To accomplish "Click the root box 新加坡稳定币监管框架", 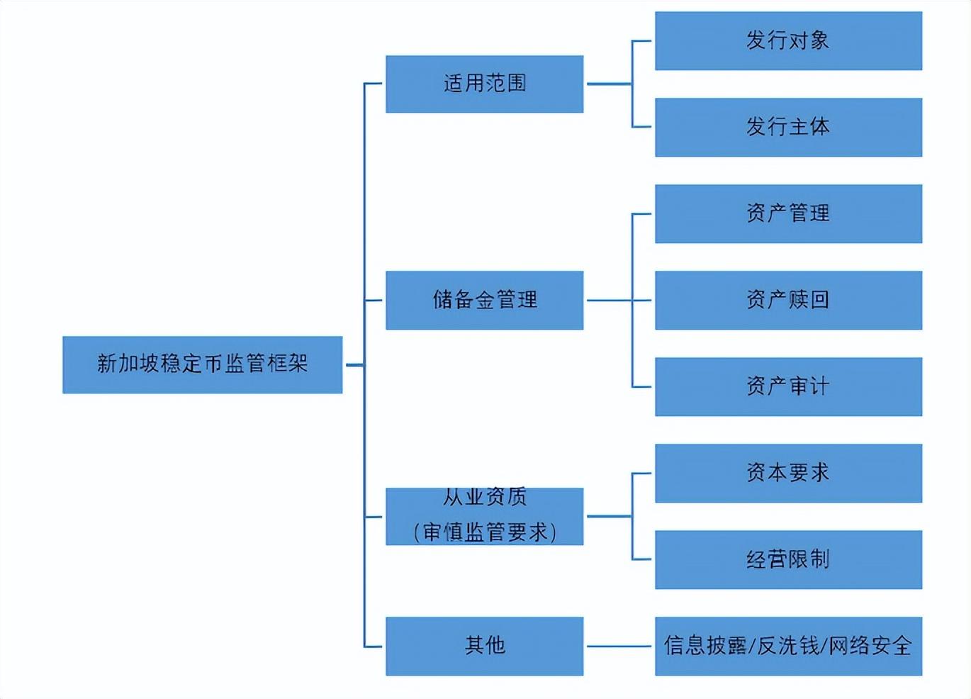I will click(x=202, y=364).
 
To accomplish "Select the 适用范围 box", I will click(x=484, y=84).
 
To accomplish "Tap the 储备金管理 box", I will click(x=484, y=300).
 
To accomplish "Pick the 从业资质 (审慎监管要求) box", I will click(x=484, y=516).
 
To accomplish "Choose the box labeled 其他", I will click(x=484, y=645).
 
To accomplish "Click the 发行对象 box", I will click(x=788, y=40).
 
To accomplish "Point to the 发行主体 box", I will click(x=788, y=127).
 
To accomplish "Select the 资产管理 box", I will click(x=788, y=213).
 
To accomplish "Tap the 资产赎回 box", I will click(x=788, y=300).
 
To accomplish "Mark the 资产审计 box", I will click(x=788, y=386).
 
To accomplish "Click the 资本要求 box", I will click(x=788, y=473).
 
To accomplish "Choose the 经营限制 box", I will click(x=788, y=559).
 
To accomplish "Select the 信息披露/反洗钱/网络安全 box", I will click(x=788, y=646).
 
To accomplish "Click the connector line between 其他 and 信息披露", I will click(x=619, y=647).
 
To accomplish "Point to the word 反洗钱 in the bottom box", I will click(x=788, y=646).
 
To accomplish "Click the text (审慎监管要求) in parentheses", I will click(x=485, y=532).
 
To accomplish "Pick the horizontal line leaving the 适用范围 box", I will click(x=608, y=84).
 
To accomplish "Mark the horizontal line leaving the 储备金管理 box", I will click(x=608, y=301).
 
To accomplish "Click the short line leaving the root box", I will click(x=354, y=365).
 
